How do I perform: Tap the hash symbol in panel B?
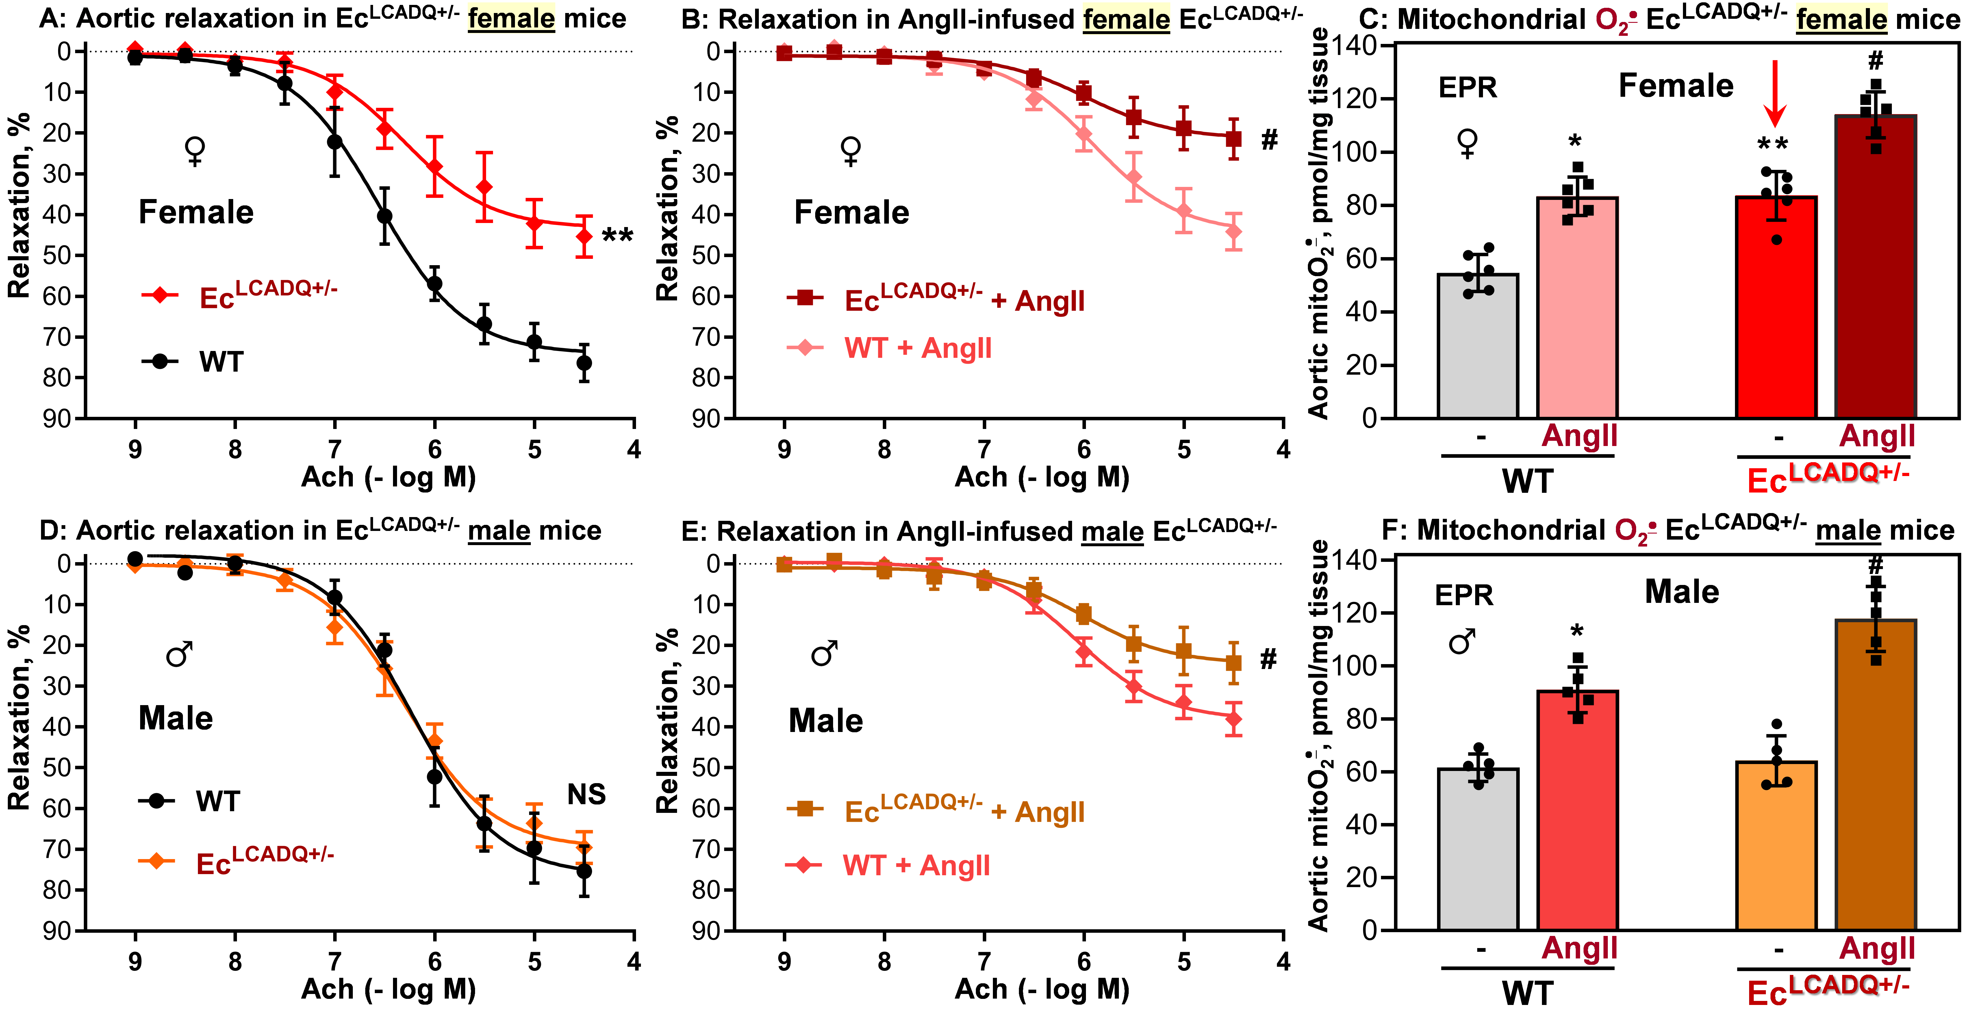(1269, 140)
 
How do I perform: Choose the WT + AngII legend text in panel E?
(916, 865)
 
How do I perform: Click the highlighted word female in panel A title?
(511, 18)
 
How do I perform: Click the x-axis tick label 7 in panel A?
(334, 449)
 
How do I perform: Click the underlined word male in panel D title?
(499, 530)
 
